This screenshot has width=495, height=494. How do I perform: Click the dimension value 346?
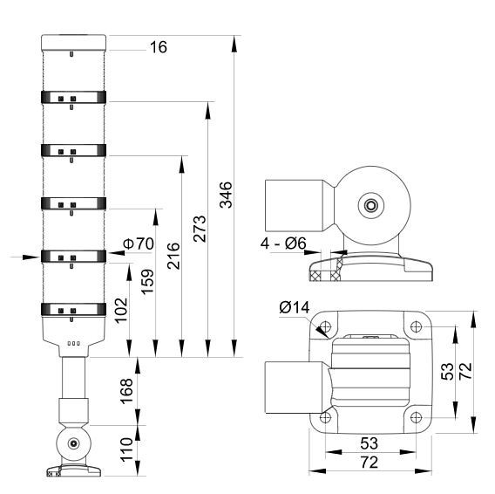(x=226, y=195)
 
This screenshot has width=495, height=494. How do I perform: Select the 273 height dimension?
(x=200, y=229)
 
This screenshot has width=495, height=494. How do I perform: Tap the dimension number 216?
(x=173, y=256)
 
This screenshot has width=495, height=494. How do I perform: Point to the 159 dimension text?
(x=147, y=282)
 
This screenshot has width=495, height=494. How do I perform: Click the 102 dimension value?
(x=121, y=310)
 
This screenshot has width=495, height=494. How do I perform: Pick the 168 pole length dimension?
(x=126, y=391)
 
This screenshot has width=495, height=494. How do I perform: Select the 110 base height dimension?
(x=126, y=449)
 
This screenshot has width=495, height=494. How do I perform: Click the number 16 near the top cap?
(x=159, y=47)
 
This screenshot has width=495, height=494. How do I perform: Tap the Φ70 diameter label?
(x=139, y=244)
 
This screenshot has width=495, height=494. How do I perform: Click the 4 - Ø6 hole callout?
(x=283, y=244)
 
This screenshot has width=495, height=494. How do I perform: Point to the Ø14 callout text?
(x=295, y=307)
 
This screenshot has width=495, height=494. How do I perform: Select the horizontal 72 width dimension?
(x=370, y=463)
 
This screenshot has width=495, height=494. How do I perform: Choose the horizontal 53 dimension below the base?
(x=369, y=443)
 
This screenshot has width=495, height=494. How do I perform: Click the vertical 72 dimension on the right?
(x=465, y=371)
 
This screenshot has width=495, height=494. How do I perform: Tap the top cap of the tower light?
(x=73, y=43)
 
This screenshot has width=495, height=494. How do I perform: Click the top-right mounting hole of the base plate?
(x=416, y=326)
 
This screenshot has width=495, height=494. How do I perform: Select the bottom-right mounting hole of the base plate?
(x=416, y=417)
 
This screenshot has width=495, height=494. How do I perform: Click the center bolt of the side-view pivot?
(x=371, y=206)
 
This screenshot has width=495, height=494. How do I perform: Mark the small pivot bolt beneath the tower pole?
(x=73, y=443)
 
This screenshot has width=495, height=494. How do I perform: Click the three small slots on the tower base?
(x=74, y=343)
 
